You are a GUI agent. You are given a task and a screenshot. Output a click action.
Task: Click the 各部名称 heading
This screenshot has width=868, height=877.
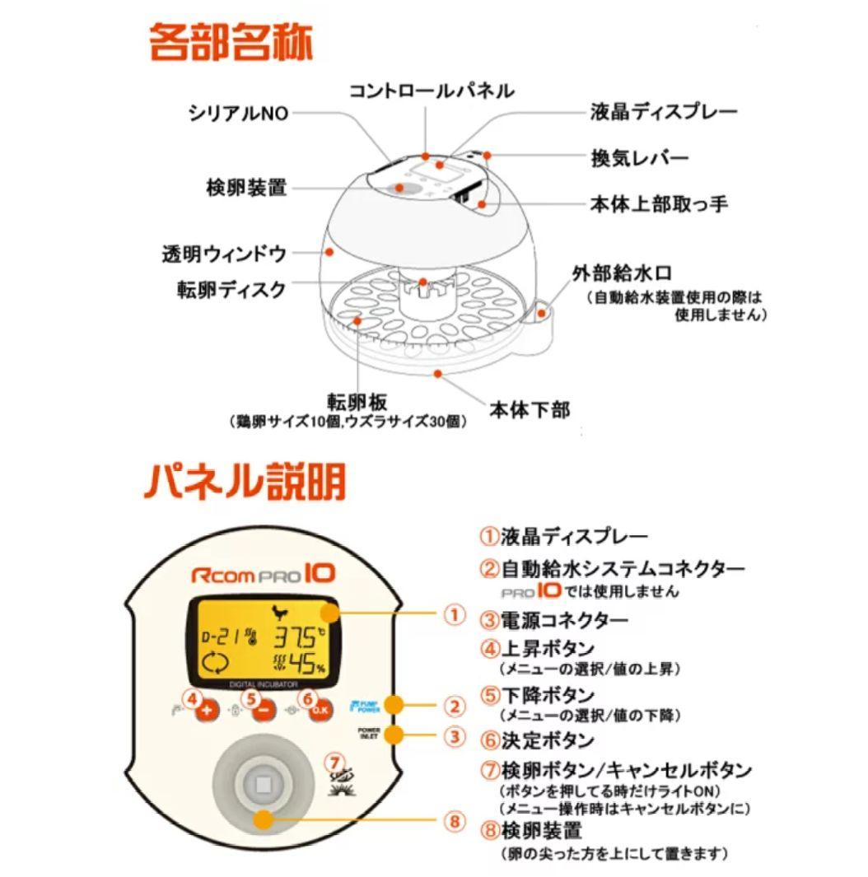point(230,42)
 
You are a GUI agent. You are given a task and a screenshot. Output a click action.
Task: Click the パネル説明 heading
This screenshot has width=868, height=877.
point(245,481)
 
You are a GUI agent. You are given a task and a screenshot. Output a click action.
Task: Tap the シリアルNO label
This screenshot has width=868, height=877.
point(239,114)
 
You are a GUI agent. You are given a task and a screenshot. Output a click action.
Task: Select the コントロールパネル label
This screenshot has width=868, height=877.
point(432,90)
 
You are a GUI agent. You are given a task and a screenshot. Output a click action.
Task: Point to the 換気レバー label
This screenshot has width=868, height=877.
point(640,157)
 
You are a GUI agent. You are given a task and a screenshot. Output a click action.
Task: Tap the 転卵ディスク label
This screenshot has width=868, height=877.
point(231,290)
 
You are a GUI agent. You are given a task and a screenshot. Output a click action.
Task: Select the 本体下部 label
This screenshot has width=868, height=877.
point(530,408)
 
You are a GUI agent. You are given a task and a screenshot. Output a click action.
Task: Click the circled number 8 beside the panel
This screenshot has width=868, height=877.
point(454,820)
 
